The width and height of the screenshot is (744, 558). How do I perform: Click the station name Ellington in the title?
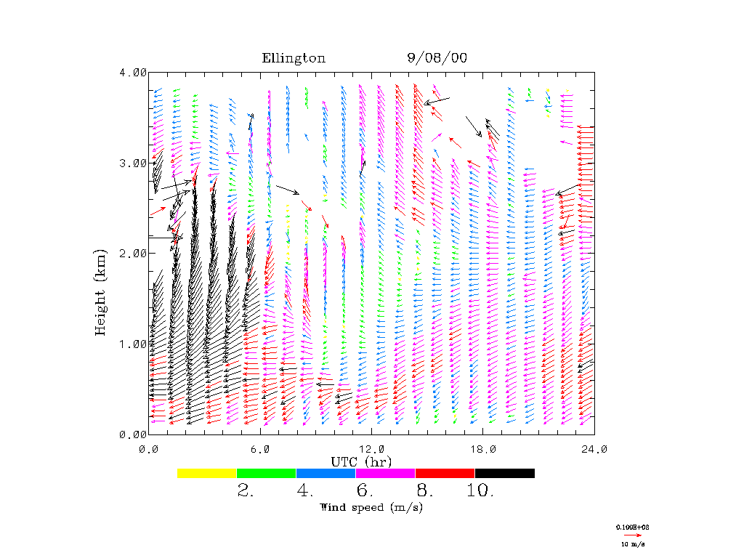tap(294, 59)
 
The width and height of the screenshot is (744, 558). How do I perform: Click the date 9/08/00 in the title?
tap(436, 59)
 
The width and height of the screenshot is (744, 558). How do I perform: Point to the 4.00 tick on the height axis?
tap(132, 73)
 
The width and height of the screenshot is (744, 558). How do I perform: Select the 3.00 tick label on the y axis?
tap(132, 163)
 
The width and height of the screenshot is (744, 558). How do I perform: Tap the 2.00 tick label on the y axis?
tap(132, 254)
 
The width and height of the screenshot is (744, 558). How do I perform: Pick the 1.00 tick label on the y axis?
tap(132, 344)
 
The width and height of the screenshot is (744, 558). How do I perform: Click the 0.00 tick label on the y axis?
tap(132, 434)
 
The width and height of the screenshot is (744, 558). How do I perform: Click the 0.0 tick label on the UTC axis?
tap(149, 450)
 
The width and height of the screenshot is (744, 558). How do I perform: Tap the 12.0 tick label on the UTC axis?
tap(372, 450)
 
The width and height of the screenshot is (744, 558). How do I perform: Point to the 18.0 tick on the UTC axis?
tap(483, 450)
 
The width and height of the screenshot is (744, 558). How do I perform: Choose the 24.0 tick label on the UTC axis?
tap(594, 450)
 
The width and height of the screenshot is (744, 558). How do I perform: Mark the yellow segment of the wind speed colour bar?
tap(207, 473)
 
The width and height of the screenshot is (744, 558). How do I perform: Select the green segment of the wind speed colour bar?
tap(267, 473)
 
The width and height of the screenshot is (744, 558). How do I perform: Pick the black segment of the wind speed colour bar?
tap(505, 473)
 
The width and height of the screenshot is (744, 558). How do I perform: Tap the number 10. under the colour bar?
tap(480, 491)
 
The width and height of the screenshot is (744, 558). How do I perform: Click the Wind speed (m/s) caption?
tap(371, 507)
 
